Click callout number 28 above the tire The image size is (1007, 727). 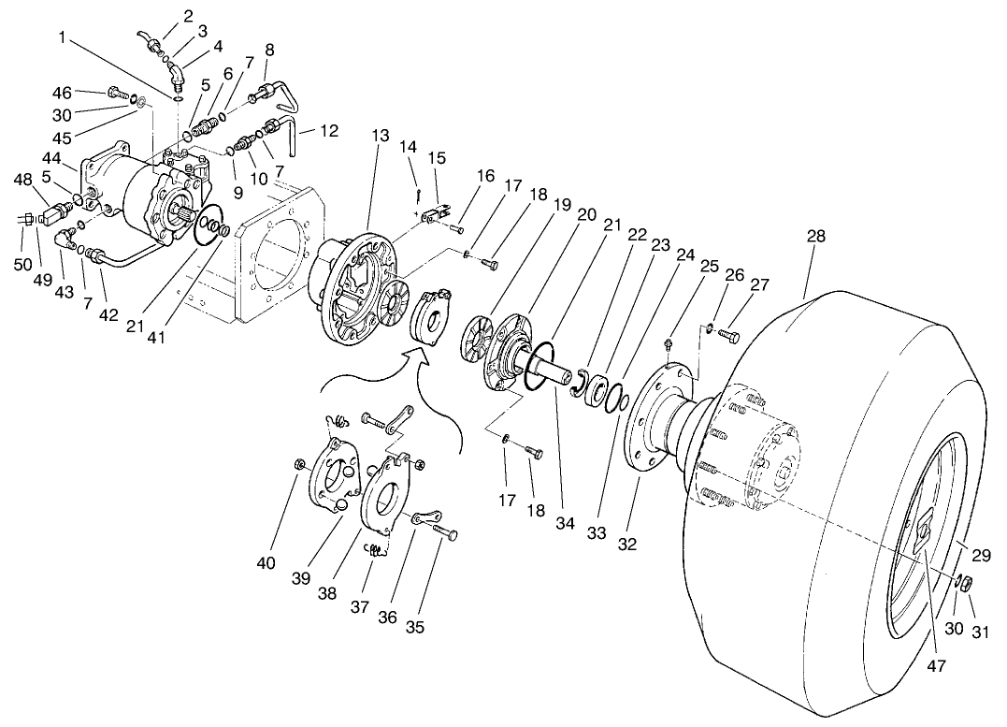pos(816,237)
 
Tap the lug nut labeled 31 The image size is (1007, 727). pos(969,584)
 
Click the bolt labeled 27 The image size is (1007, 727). pos(730,335)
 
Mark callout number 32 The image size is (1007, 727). pos(627,543)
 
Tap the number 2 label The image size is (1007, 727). pos(188,16)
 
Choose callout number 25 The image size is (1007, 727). pos(709,266)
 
